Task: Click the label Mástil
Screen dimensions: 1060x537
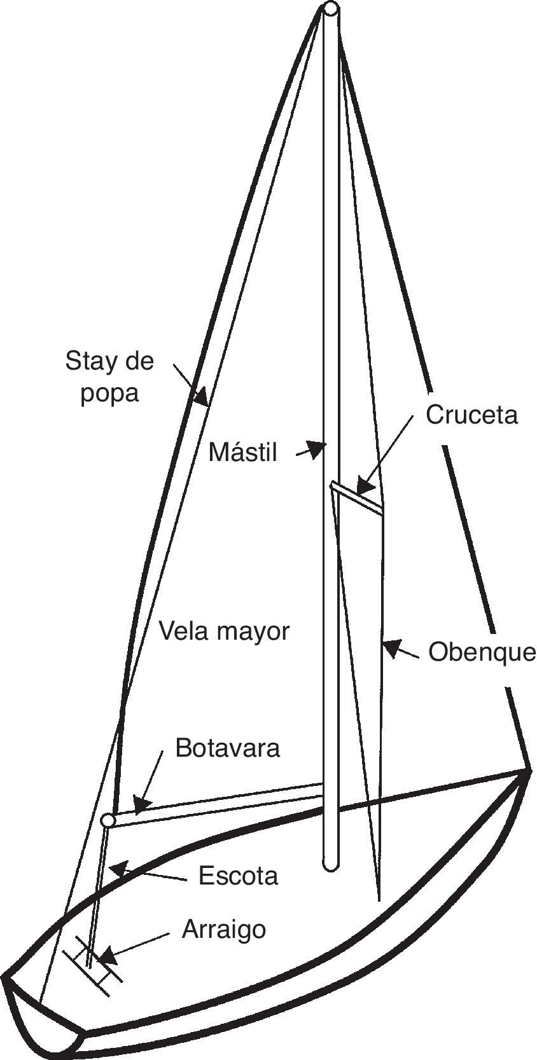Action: coord(243,453)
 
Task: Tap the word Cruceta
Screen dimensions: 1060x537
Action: coord(471,415)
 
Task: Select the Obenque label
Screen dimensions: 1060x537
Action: coord(482,652)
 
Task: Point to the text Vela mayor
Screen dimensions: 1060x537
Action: coord(224,631)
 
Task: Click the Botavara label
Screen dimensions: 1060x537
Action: coord(227,748)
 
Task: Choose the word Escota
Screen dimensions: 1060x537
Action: coord(238,876)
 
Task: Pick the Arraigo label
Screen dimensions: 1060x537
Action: coord(224,929)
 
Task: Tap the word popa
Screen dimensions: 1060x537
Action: coord(109,393)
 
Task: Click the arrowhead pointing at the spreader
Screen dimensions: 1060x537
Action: coord(363,486)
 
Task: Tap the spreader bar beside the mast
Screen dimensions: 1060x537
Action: coord(356,497)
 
